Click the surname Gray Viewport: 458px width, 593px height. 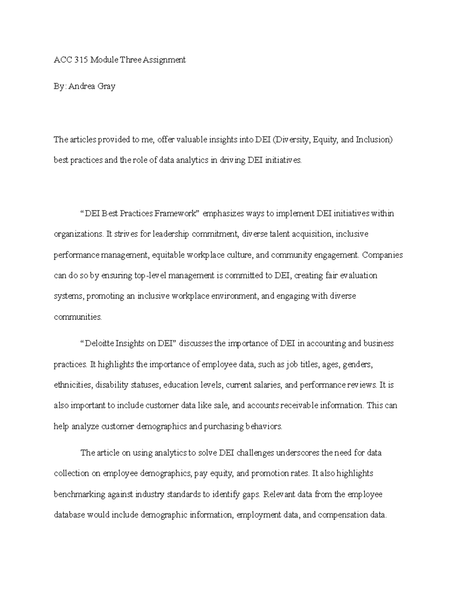point(106,86)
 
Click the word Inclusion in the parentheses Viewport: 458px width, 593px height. point(374,140)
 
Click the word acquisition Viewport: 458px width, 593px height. point(313,234)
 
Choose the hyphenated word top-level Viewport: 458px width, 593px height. point(149,275)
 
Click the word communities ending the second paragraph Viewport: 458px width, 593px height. point(78,317)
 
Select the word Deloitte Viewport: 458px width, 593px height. point(99,343)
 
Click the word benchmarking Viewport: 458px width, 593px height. point(79,494)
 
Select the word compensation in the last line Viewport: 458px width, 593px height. point(343,515)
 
